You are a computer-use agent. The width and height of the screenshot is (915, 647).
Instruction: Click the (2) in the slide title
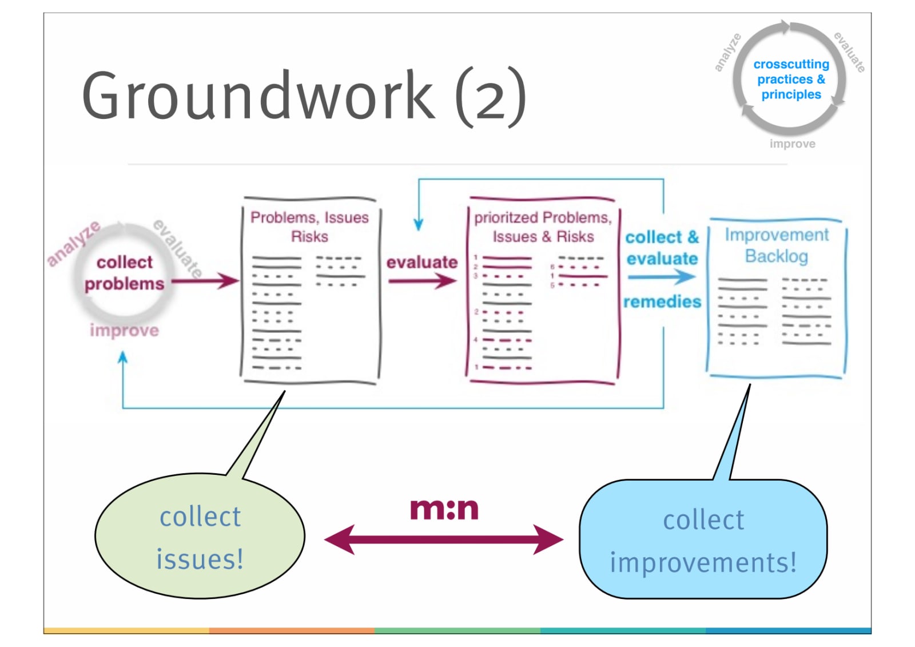(x=491, y=97)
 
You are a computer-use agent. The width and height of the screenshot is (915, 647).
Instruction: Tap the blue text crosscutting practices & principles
(x=791, y=80)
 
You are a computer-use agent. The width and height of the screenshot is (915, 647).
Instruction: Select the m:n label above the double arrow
(x=444, y=509)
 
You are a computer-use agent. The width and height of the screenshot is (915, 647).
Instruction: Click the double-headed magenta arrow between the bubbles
(x=444, y=539)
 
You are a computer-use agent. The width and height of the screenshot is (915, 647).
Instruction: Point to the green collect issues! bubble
(x=200, y=537)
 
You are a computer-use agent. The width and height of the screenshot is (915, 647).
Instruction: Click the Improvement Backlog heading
(x=776, y=245)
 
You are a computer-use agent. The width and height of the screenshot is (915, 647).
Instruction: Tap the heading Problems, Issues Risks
(x=309, y=227)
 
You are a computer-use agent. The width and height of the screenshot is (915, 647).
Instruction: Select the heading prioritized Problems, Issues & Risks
(x=543, y=227)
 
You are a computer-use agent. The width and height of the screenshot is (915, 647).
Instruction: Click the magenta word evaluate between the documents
(x=422, y=262)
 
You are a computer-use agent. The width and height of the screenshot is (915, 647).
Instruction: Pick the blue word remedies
(x=662, y=301)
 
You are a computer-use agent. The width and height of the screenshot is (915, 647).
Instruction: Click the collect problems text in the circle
(x=124, y=273)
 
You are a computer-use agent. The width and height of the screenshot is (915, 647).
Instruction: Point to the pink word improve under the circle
(x=124, y=331)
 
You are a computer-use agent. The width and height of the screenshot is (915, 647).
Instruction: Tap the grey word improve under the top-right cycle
(x=792, y=144)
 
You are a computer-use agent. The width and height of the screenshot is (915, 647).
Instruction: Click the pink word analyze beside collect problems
(x=73, y=243)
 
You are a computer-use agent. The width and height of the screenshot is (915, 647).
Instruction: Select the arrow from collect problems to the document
(x=205, y=281)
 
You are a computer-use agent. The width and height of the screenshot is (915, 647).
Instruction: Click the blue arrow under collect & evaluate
(x=662, y=277)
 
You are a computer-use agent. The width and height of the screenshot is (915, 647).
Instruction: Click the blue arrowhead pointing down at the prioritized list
(x=419, y=224)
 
